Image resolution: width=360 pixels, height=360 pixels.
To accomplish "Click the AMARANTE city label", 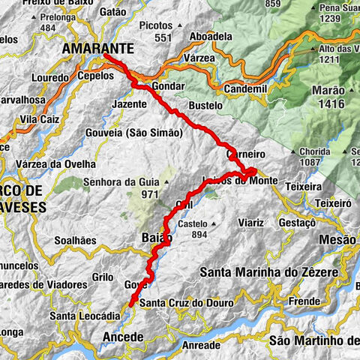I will [98, 48].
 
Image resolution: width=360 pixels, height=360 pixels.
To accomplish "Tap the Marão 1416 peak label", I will [327, 96].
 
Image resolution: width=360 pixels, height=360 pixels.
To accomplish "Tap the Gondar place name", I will [167, 87].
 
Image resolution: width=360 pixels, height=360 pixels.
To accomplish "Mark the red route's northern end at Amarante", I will [105, 56].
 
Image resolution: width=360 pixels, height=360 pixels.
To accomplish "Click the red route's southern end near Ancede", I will [130, 305].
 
